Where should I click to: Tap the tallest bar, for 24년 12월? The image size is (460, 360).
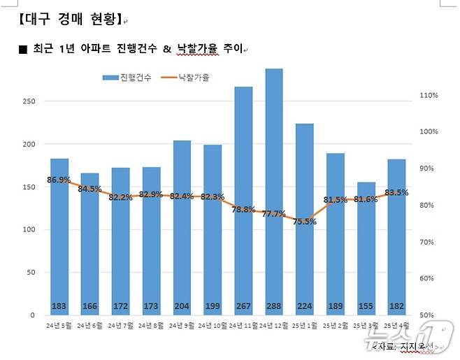point(273,189)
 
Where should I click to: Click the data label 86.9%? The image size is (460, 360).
point(59,180)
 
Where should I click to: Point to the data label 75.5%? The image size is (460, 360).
point(304,222)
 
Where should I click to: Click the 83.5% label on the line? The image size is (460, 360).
point(396,192)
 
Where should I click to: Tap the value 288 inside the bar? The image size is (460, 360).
point(273,306)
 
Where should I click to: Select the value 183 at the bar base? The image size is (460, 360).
point(59,306)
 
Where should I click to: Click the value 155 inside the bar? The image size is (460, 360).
point(366,306)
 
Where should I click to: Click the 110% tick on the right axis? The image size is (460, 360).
point(428,95)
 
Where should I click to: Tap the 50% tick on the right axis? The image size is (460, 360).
point(428,315)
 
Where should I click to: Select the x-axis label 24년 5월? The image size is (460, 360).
point(59,326)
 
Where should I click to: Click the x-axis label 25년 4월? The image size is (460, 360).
point(396,326)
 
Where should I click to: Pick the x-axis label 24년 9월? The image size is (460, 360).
point(182,326)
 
